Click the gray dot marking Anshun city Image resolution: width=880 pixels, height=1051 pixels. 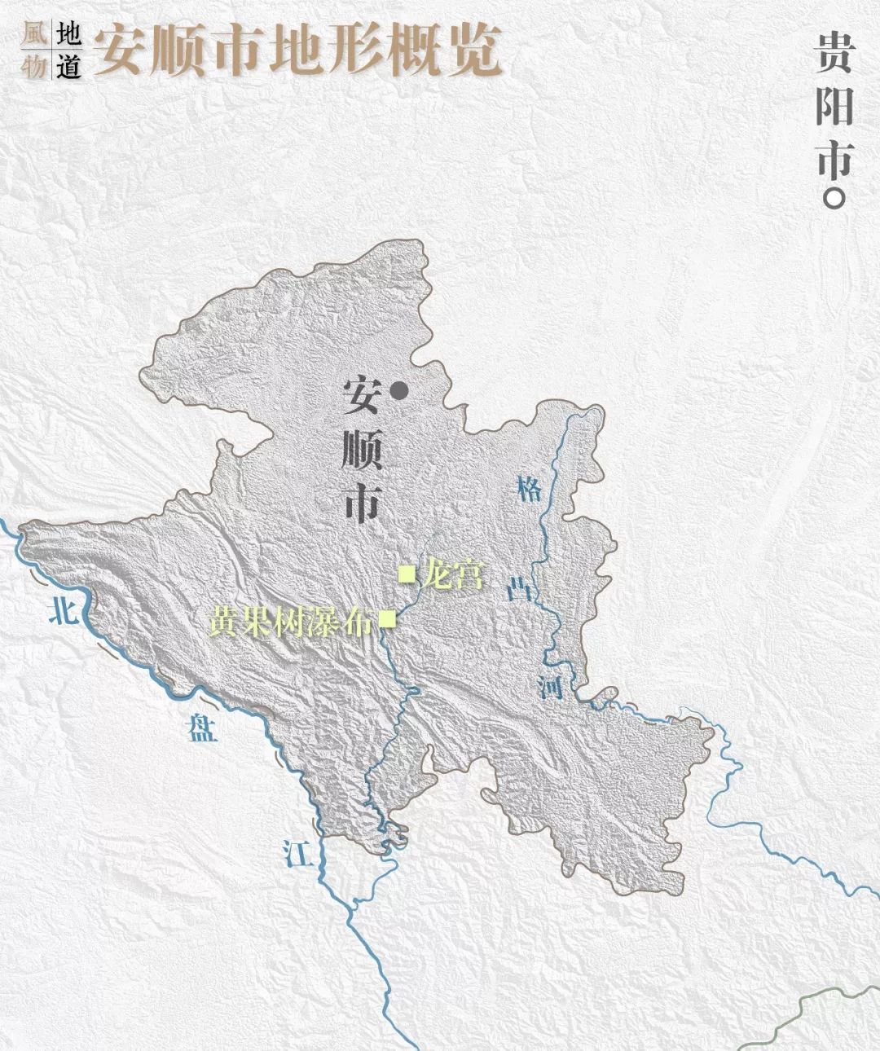click(398, 391)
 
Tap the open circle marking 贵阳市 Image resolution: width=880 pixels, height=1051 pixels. click(833, 197)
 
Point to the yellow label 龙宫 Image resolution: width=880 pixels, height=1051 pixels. click(453, 574)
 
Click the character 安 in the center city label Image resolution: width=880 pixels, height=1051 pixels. click(362, 398)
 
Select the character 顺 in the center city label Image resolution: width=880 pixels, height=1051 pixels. click(362, 451)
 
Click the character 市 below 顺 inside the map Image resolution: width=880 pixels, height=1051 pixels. click(362, 504)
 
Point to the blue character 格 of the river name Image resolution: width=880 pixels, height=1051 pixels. click(529, 491)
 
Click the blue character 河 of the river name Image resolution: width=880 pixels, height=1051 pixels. click(551, 686)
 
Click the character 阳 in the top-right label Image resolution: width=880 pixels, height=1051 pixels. click(833, 106)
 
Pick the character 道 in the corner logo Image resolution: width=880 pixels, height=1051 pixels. click(68, 65)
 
